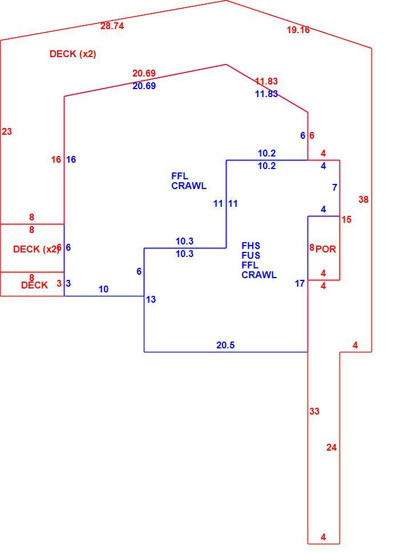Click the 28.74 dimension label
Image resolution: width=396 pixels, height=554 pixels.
(112, 26)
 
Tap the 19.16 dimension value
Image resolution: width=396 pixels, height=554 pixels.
(298, 30)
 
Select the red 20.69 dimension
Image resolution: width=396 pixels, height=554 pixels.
(144, 73)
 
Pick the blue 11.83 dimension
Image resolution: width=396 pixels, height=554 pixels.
(266, 94)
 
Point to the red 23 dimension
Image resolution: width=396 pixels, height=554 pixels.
(7, 131)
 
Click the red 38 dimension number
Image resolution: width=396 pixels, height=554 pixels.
(363, 200)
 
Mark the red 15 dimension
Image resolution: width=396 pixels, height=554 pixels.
(346, 220)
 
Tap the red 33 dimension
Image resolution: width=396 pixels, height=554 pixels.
(314, 411)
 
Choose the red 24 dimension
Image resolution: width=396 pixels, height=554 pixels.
(332, 448)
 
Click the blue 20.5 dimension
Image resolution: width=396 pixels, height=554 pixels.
(225, 345)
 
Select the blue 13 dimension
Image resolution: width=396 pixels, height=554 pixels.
(151, 300)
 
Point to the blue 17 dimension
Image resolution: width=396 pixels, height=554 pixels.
(300, 284)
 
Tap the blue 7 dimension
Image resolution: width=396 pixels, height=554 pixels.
(334, 187)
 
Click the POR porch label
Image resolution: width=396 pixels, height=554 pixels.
(326, 249)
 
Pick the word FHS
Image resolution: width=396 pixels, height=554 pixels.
(251, 246)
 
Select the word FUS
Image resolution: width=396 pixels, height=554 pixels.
(251, 255)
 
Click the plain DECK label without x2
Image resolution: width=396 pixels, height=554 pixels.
(34, 285)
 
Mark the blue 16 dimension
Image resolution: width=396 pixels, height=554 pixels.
(71, 160)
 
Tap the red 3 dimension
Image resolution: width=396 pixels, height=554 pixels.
(59, 283)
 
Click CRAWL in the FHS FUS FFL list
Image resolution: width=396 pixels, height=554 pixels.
(259, 275)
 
